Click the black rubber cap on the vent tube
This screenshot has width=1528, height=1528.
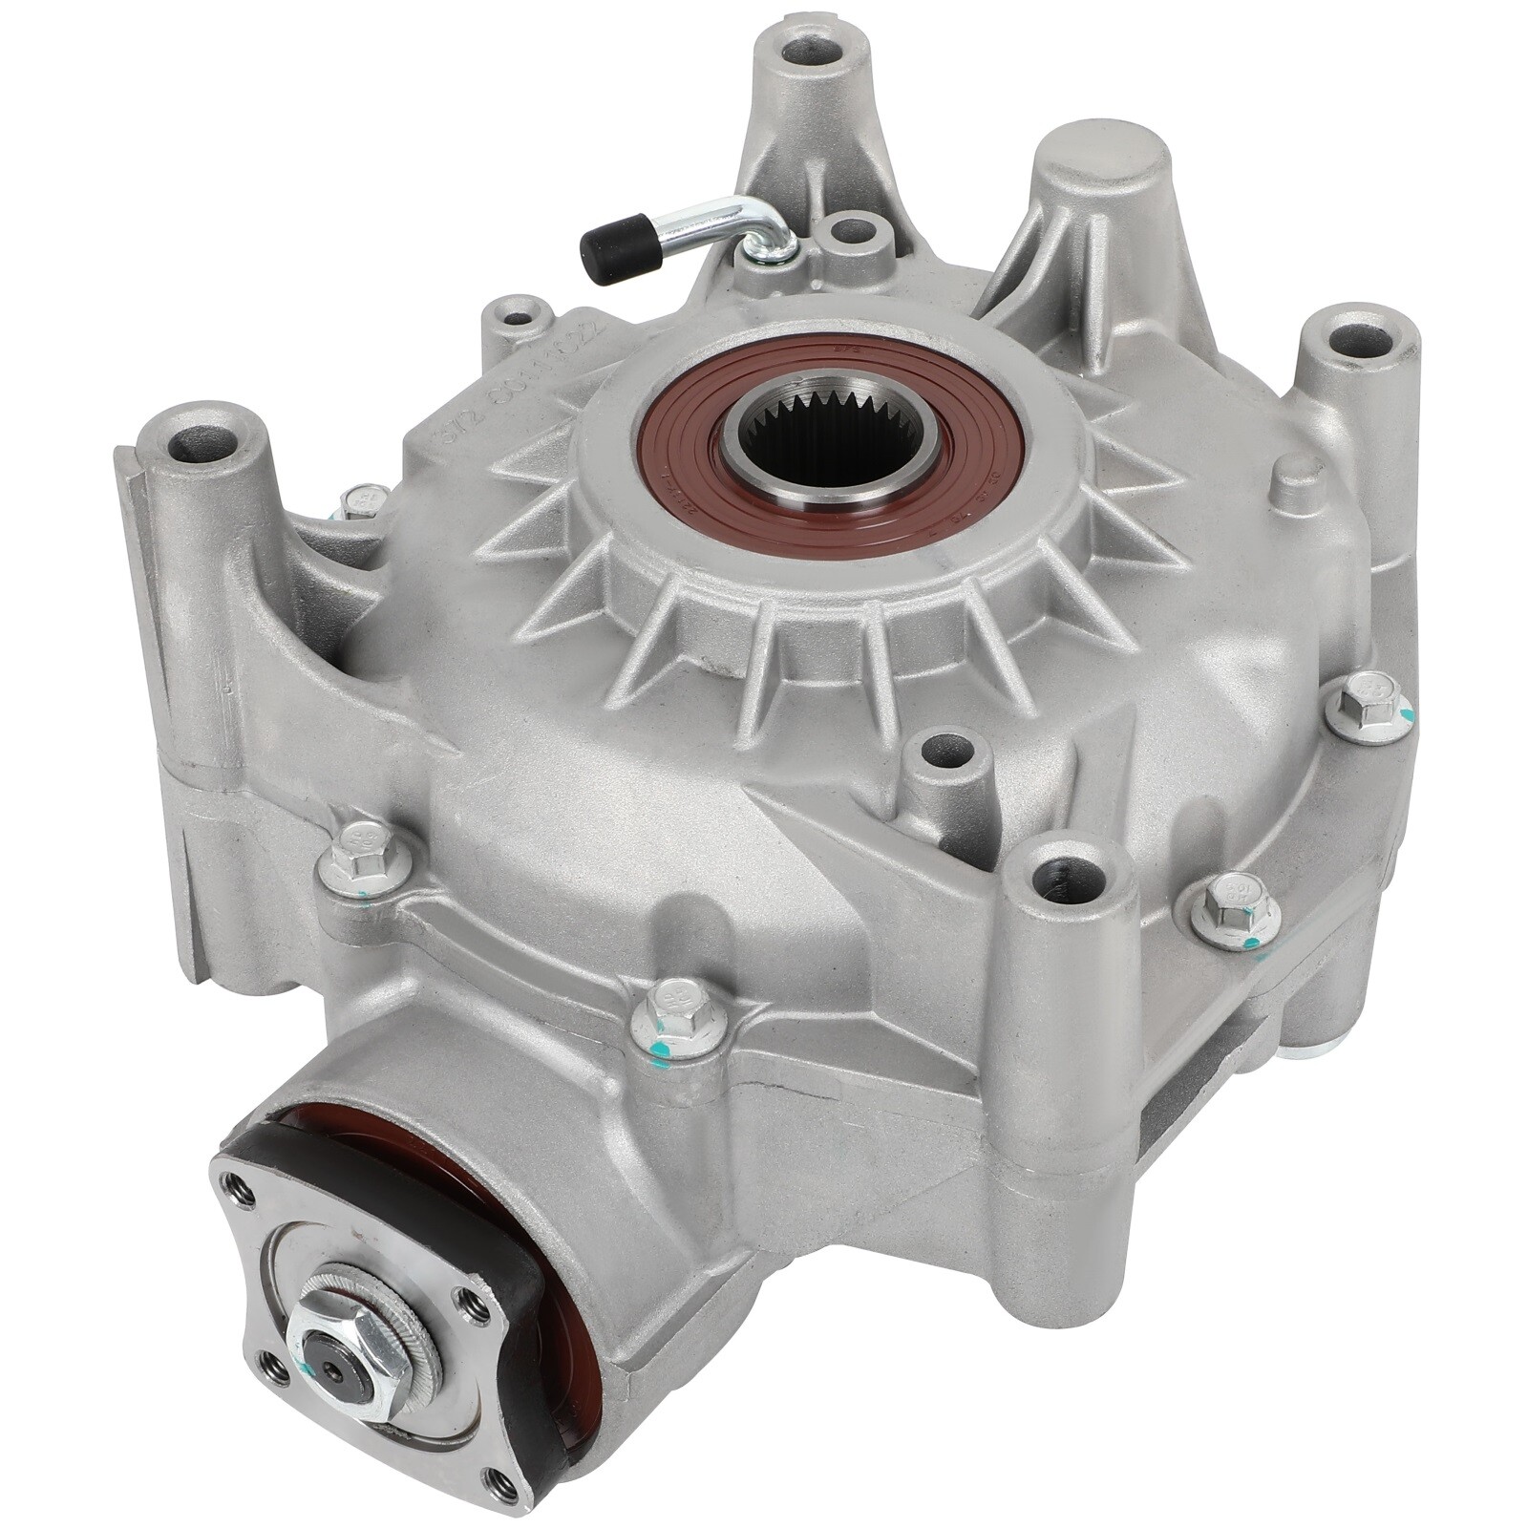[x=612, y=251]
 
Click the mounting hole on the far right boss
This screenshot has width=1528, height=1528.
[x=1357, y=340]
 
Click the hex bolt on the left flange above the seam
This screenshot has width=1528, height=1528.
[x=364, y=855]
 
